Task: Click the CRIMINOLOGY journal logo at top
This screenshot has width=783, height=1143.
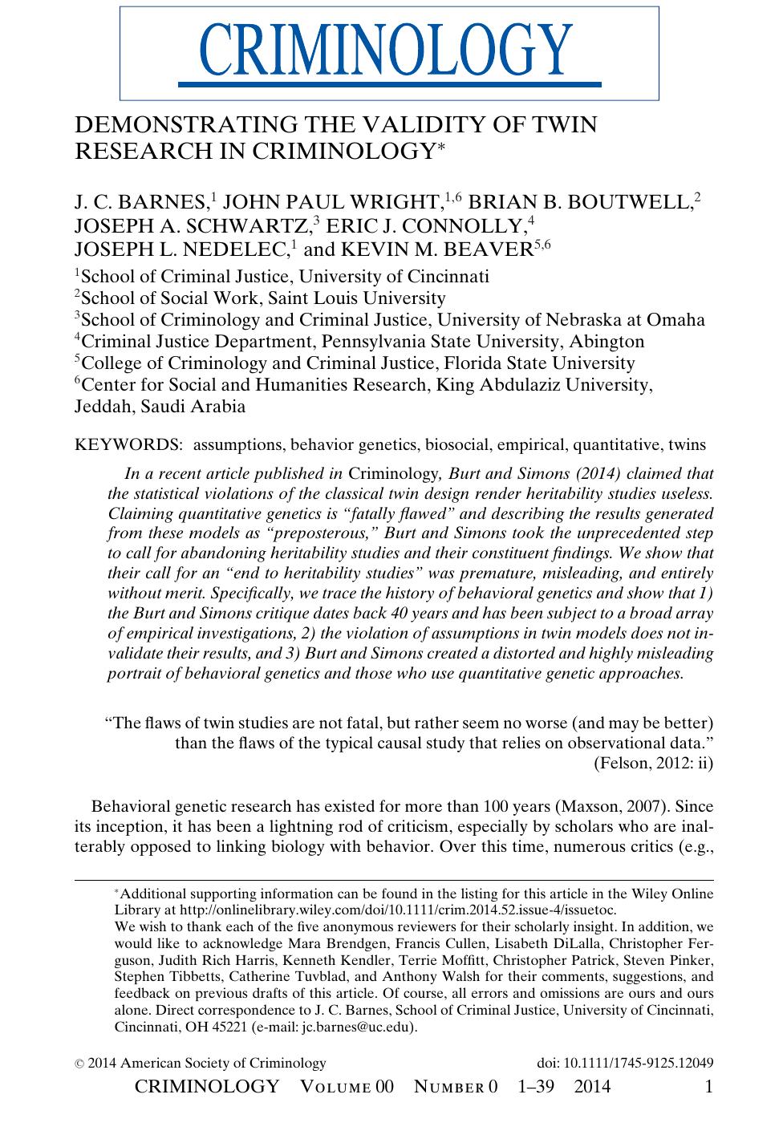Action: tap(389, 52)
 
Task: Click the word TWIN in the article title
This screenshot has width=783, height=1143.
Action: tap(566, 125)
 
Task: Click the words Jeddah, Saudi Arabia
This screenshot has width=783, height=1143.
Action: tap(160, 406)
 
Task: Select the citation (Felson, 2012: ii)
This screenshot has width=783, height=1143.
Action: tap(653, 763)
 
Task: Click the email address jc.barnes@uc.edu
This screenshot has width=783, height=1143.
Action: tap(357, 1027)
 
